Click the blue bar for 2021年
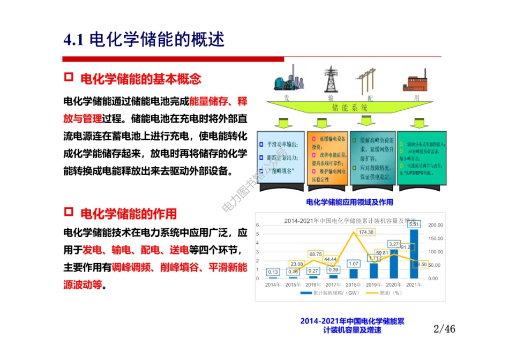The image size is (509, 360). [x=414, y=252]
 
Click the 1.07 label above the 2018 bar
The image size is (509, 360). [x=353, y=264]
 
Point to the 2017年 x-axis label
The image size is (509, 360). [x=333, y=284]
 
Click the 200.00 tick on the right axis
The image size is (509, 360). [x=437, y=225]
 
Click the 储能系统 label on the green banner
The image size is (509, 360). [x=350, y=108]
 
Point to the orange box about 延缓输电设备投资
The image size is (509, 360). [x=327, y=158]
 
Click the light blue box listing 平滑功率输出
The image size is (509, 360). [x=281, y=158]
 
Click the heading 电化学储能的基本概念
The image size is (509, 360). [x=140, y=79]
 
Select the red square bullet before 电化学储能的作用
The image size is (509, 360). [x=68, y=213]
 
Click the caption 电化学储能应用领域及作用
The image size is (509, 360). [x=349, y=202]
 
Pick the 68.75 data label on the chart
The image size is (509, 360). [x=316, y=254]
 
